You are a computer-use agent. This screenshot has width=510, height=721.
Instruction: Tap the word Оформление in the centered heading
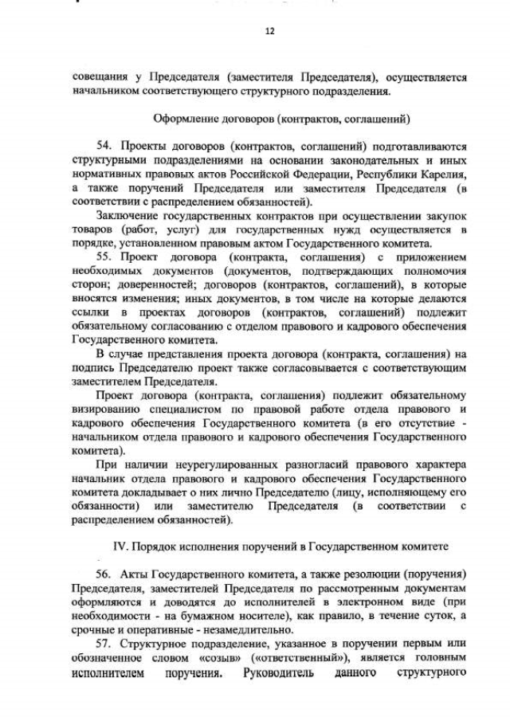pyautogui.click(x=184, y=120)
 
